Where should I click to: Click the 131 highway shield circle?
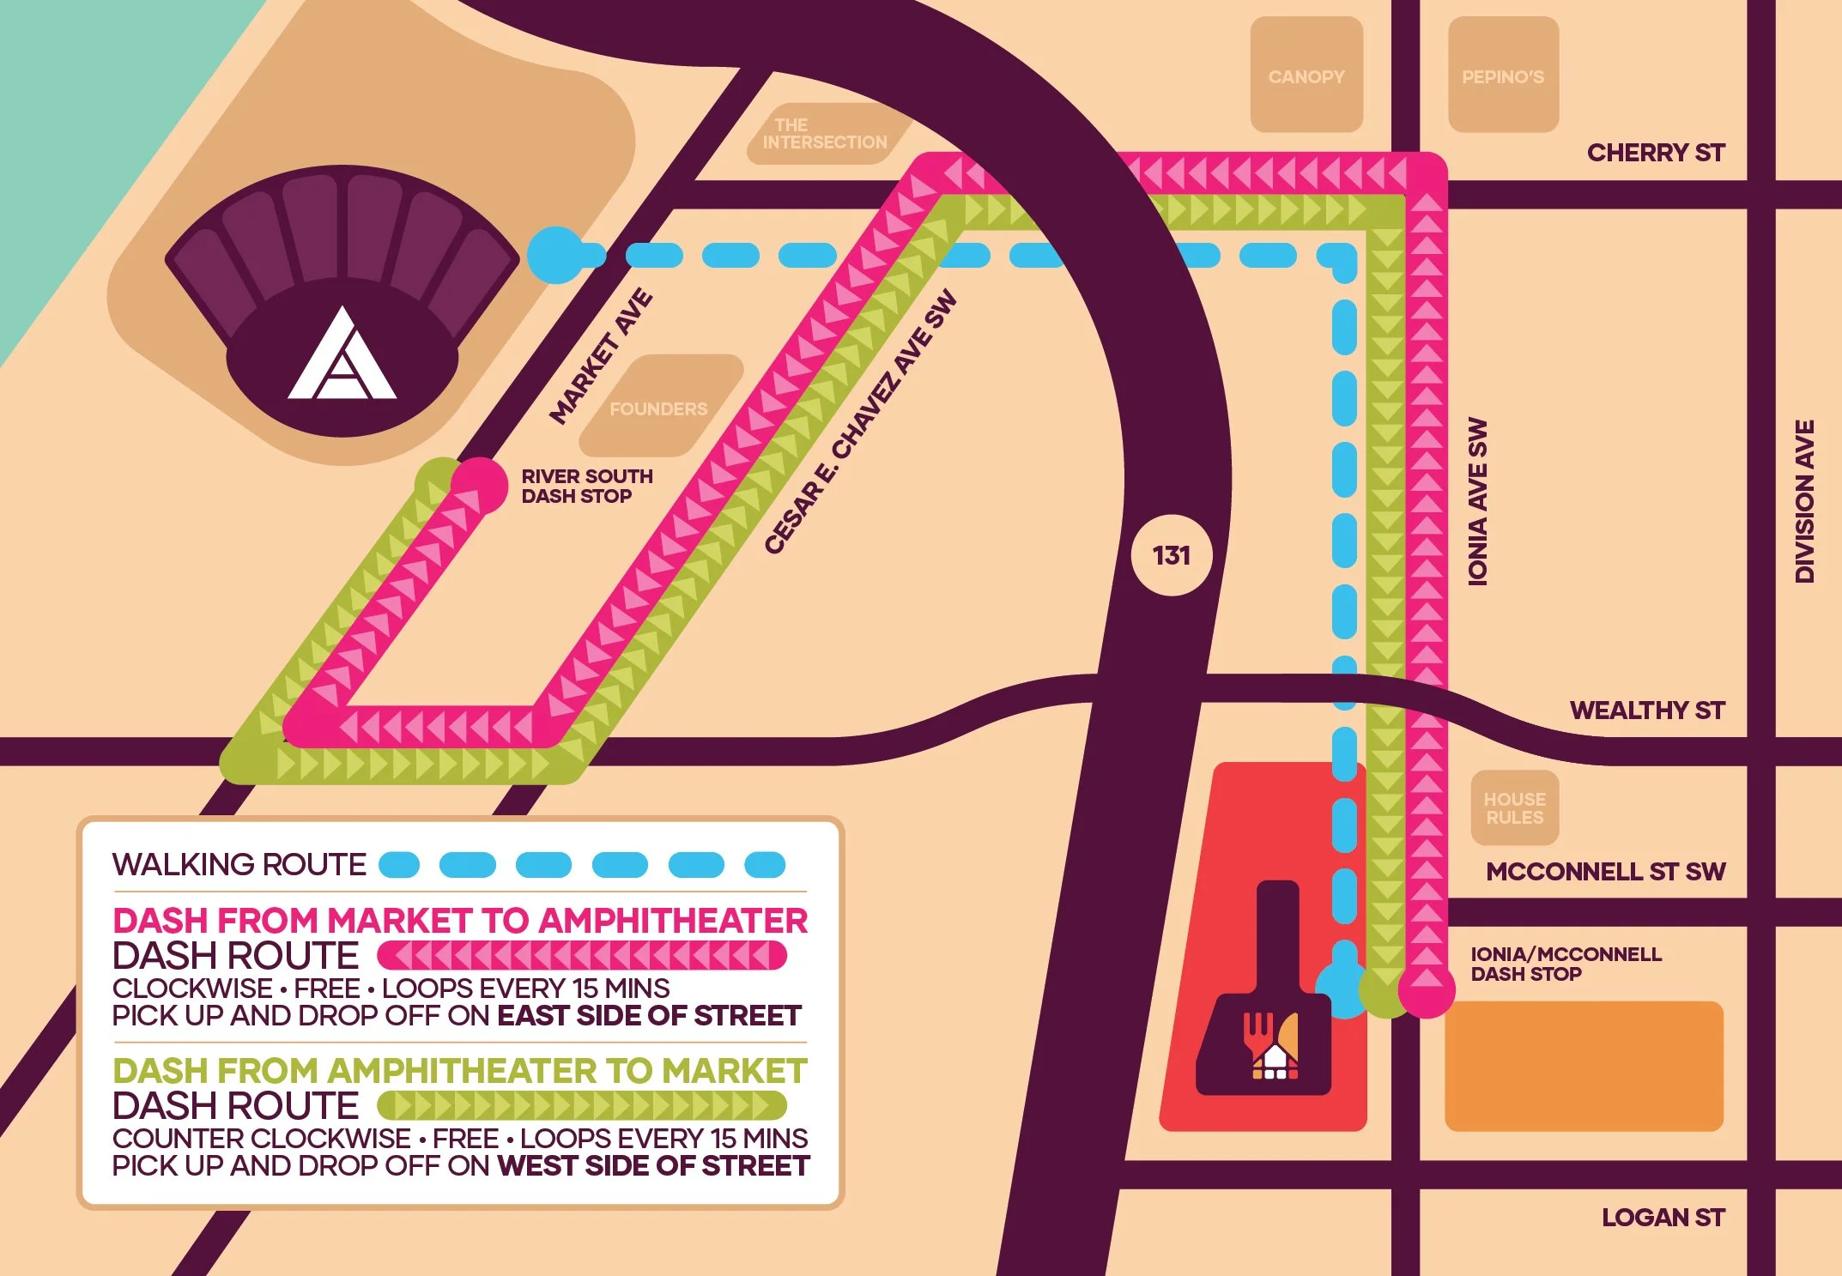1172,556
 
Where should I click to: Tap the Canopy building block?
1306,76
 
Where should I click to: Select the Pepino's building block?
1503,76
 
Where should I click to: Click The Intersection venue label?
824,134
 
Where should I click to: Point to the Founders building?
659,408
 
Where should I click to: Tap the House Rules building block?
1515,808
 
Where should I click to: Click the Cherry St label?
1655,153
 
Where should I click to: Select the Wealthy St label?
1646,711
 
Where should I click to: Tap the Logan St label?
1663,1218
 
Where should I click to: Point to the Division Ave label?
1804,502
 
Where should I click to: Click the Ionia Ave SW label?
1477,502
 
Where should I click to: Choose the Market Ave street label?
602,357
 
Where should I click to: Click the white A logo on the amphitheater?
342,359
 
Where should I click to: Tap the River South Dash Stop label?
586,486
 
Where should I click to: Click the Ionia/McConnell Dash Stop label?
1565,964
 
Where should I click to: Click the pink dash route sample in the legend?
581,955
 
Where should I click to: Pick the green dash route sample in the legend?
581,1105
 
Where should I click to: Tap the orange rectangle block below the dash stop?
1584,1066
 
